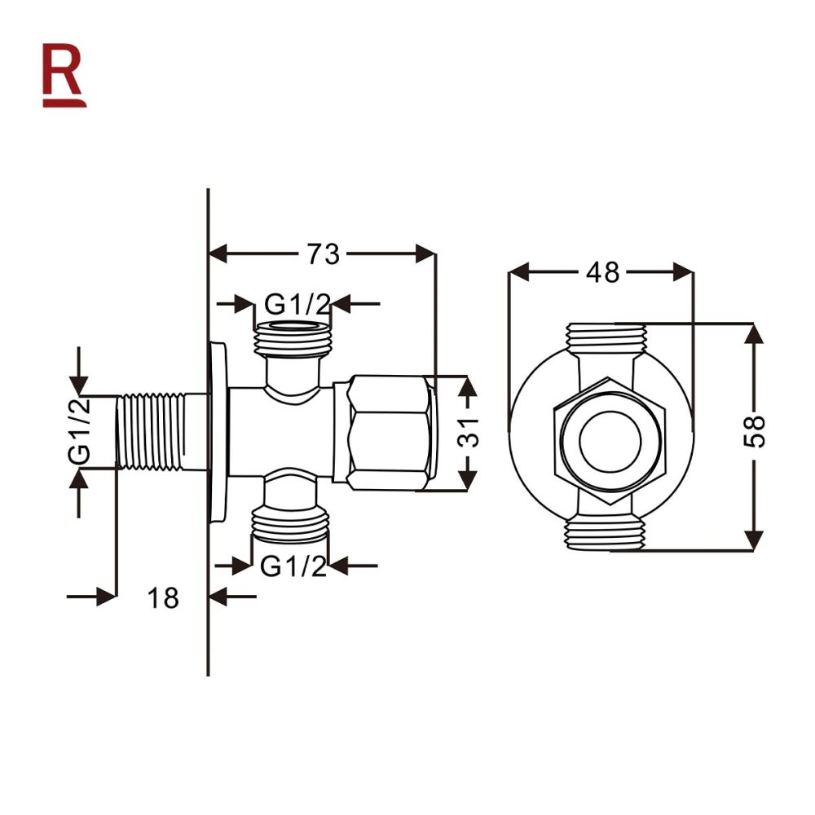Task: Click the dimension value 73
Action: coord(323,253)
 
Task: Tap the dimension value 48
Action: coord(602,272)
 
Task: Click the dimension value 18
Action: coord(163,598)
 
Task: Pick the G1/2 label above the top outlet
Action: coord(297,305)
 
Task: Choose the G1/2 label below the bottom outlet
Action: coord(293,566)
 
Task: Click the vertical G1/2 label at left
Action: coord(79,433)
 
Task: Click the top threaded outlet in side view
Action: coord(293,338)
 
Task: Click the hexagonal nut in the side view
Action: coord(389,433)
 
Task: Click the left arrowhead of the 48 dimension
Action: coord(518,272)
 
